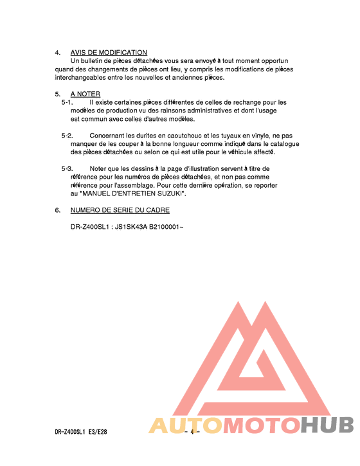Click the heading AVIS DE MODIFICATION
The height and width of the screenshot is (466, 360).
click(109, 53)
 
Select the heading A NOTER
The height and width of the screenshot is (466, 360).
click(85, 94)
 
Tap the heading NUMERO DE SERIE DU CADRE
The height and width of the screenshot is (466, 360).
click(120, 210)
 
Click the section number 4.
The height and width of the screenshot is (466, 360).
click(57, 53)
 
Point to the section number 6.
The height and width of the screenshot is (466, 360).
click(57, 210)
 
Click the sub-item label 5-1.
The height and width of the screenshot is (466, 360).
click(67, 102)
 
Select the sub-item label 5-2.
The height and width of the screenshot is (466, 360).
click(67, 136)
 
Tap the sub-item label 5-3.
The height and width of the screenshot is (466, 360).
click(67, 168)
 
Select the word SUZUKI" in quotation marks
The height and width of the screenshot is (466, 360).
click(170, 193)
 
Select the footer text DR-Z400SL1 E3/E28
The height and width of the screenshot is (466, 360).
click(80, 433)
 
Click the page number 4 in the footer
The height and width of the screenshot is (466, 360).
click(192, 433)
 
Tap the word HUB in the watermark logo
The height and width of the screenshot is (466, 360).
click(327, 425)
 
